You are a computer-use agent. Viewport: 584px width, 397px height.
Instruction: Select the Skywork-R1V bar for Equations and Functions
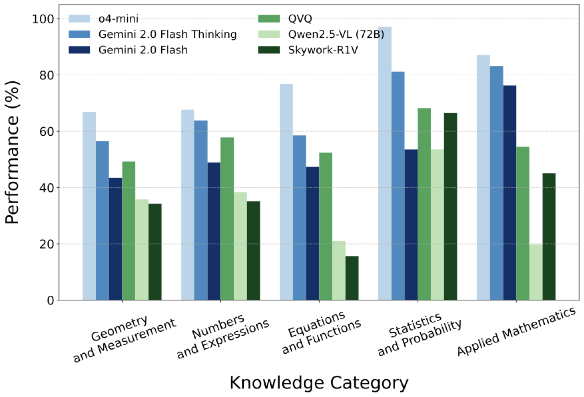pos(352,278)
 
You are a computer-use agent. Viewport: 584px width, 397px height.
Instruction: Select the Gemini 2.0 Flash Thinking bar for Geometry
pos(103,220)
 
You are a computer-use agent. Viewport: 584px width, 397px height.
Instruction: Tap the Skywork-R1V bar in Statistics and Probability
pos(450,206)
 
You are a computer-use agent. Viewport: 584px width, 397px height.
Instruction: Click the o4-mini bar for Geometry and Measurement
pos(89,206)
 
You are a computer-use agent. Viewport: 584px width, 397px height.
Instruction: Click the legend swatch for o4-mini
pos(79,19)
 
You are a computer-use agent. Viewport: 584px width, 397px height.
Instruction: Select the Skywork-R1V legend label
pos(323,50)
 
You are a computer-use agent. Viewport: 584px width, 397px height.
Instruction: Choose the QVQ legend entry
pos(300,19)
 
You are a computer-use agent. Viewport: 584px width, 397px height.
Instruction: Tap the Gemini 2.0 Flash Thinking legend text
pos(167,34)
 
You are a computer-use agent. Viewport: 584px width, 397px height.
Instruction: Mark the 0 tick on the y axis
pos(51,300)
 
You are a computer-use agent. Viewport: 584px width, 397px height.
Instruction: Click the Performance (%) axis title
pos(12,153)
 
